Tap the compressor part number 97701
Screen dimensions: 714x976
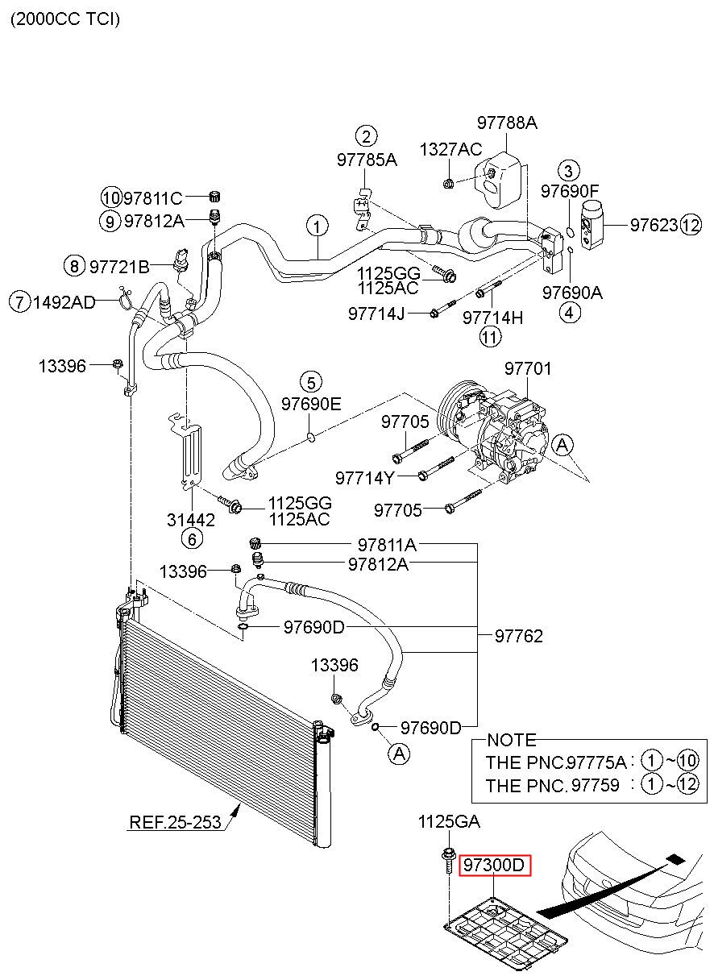(528, 368)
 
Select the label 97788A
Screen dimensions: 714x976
(507, 123)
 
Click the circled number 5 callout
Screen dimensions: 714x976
(311, 383)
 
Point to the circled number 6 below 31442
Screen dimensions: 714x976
(192, 539)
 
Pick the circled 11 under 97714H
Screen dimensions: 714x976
(491, 337)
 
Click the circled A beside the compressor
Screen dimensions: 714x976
(562, 446)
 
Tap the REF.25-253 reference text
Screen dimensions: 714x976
(175, 822)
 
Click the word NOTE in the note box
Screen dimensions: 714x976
(511, 740)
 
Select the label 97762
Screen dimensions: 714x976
(518, 636)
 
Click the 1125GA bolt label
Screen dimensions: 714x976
(449, 822)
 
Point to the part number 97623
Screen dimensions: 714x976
(654, 225)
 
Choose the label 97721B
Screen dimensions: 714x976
(119, 267)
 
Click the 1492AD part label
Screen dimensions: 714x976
(64, 302)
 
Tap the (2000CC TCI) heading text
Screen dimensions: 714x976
(65, 19)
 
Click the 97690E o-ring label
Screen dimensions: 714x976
(311, 404)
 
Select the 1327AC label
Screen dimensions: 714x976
(450, 149)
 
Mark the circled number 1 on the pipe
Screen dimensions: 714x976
(318, 226)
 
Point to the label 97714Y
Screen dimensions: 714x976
(364, 479)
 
